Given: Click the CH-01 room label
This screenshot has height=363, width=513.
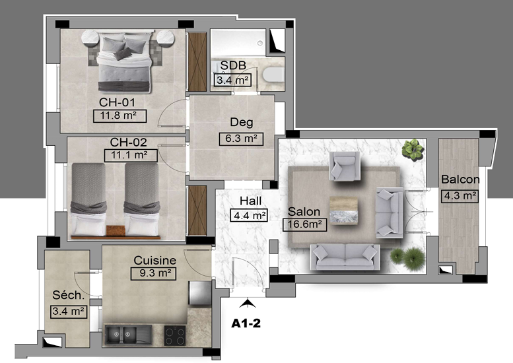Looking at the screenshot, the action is point(117,102).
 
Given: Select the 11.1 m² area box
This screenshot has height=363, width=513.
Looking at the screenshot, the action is point(131,155).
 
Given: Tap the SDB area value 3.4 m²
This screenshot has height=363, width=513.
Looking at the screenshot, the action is point(232,80).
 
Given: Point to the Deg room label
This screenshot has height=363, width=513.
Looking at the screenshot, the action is point(242,122).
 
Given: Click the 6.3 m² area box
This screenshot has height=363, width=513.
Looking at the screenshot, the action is point(241,139).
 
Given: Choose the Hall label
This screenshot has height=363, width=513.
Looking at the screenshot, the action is point(251,201).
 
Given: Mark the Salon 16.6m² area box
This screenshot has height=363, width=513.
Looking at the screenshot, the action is point(304,224).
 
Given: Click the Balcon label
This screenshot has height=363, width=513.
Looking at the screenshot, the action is point(460,180).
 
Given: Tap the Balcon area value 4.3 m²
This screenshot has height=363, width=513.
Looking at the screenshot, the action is point(460,196).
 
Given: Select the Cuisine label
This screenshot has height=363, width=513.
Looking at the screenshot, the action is point(154,260).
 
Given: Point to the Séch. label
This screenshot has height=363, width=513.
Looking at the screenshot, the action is point(69,295).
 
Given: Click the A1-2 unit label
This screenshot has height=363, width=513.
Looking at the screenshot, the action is point(246,323).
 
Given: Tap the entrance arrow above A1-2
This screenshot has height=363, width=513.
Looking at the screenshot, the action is point(248,303).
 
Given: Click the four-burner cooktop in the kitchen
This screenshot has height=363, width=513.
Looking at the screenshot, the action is point(175,335).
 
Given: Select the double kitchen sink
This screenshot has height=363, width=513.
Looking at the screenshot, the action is point(128,334).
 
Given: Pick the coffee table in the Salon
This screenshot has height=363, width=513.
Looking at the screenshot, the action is point(343,211).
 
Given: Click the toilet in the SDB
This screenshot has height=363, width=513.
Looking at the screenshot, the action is point(273,74).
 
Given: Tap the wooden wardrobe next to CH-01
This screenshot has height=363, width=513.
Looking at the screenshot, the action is point(197,62).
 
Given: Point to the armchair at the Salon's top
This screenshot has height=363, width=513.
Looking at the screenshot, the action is point(345,166).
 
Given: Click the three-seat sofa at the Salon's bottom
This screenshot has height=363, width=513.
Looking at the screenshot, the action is point(345,257).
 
